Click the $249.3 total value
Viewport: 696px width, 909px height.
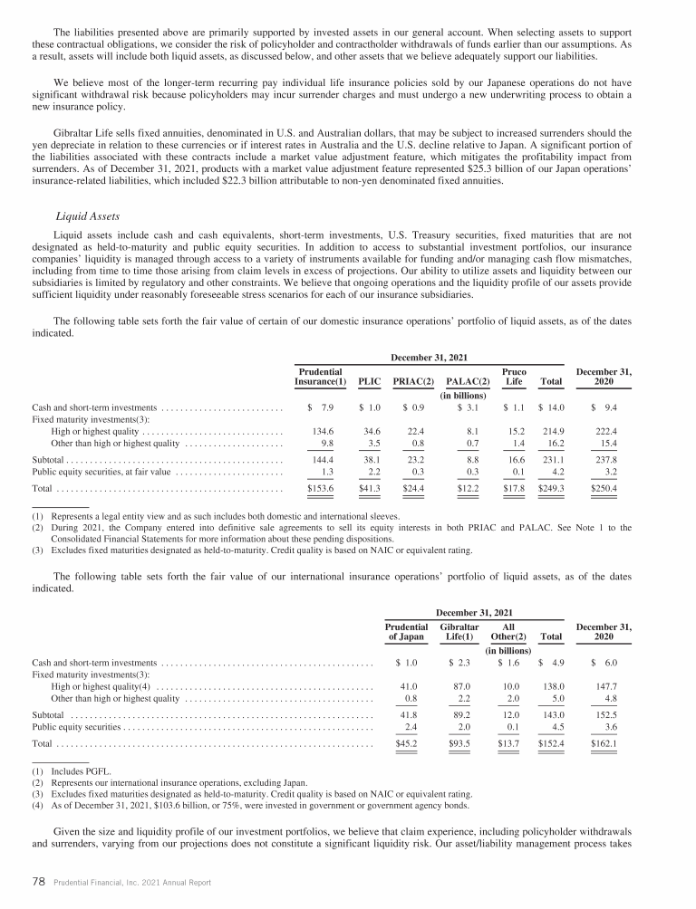tap(551, 488)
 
